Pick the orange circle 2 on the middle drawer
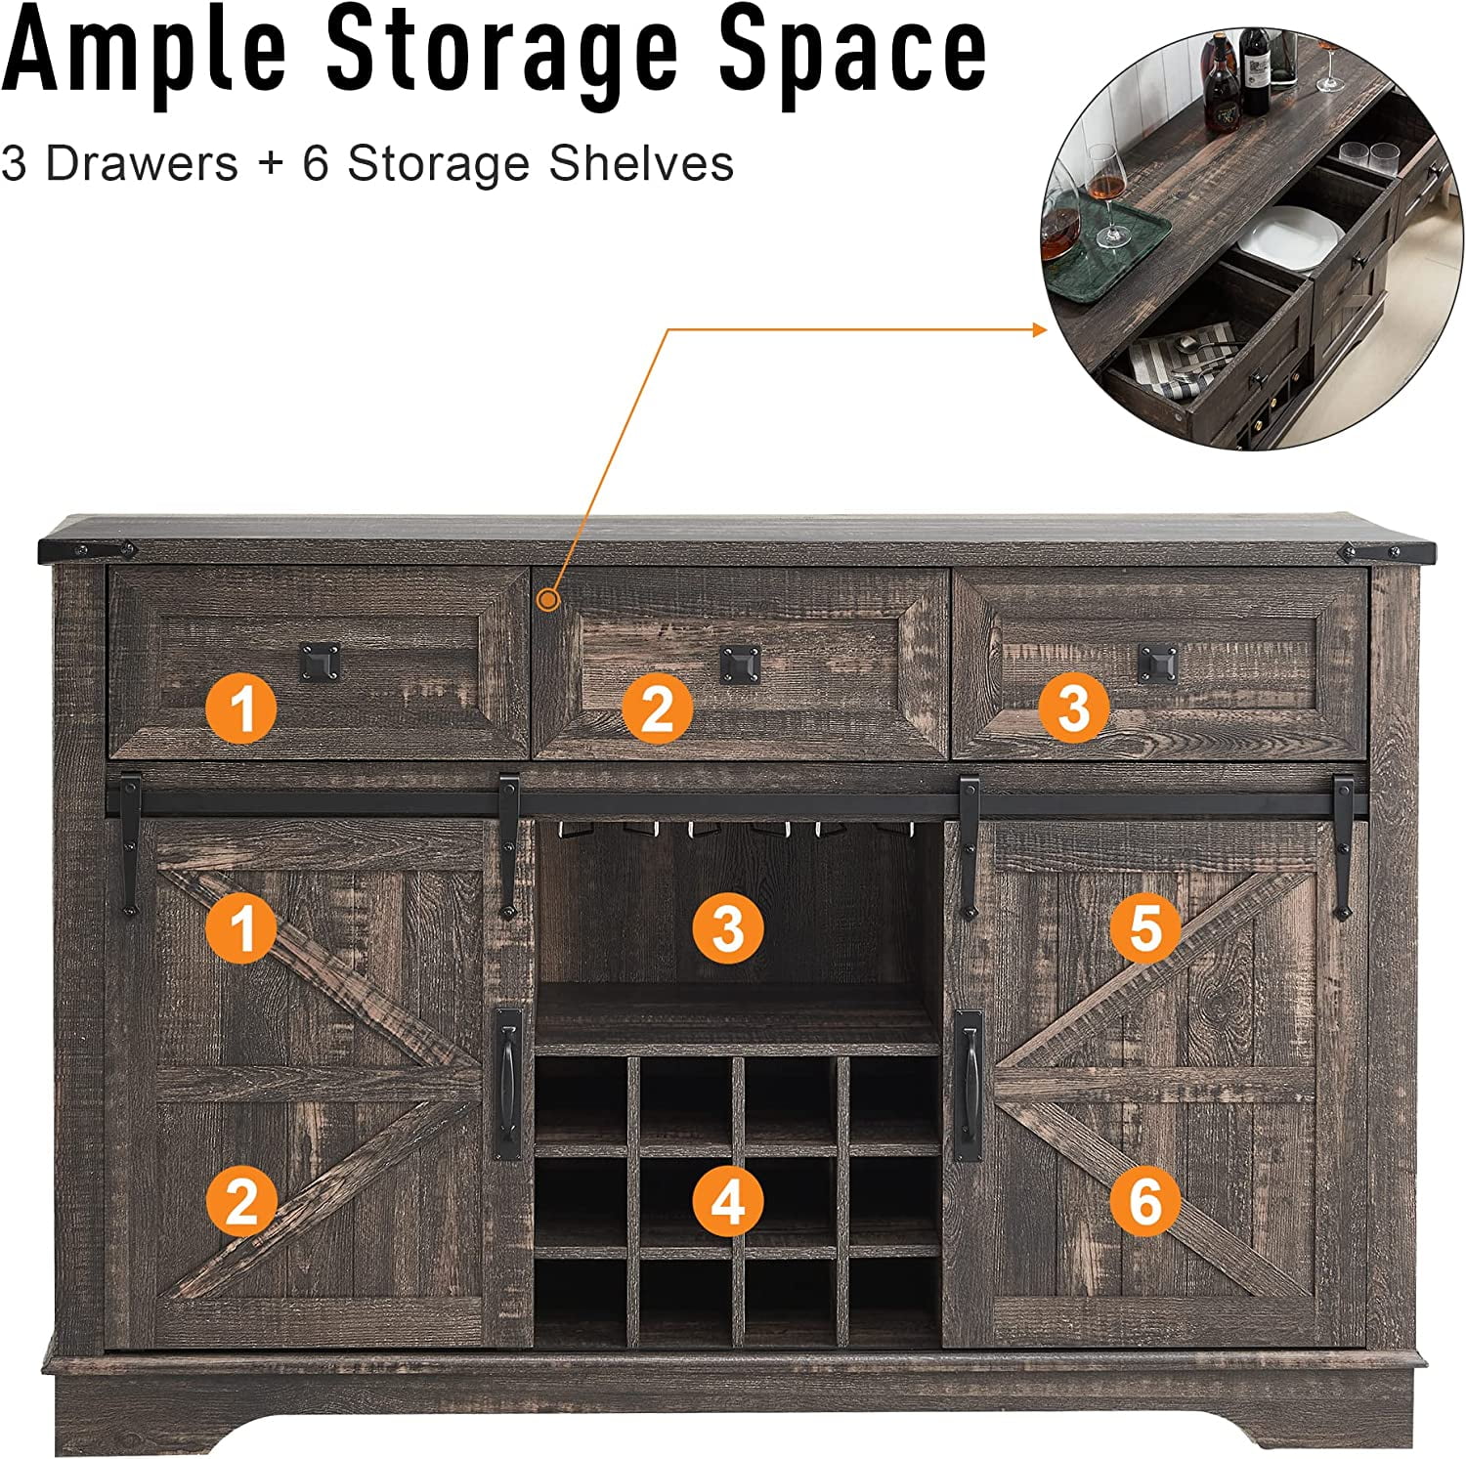tap(658, 708)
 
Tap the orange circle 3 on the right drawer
tap(1073, 708)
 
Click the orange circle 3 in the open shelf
tap(728, 926)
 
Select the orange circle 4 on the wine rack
tap(728, 1200)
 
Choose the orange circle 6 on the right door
tap(1145, 1200)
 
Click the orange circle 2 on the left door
tap(242, 1200)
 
